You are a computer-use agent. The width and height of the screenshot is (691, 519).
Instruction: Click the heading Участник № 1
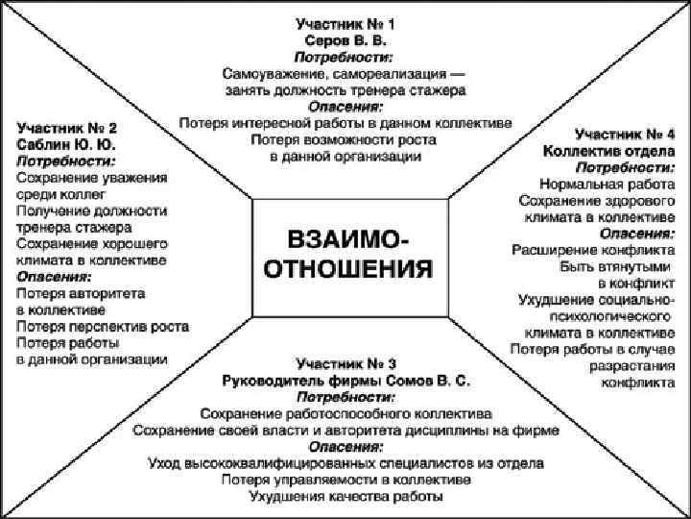[x=345, y=24]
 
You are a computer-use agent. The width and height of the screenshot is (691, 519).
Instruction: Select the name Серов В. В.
[x=345, y=41]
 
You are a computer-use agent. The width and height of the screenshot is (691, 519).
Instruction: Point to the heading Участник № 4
[x=624, y=134]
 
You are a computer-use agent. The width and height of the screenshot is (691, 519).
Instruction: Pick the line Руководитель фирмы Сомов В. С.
[x=345, y=381]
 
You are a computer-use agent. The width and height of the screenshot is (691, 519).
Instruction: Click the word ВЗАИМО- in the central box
[x=349, y=237]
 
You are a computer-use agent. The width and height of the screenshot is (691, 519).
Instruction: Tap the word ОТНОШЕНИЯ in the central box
[x=349, y=265]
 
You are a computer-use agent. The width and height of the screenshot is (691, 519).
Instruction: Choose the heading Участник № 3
[x=345, y=363]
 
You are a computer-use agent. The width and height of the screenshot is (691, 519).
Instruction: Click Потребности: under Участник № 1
[x=345, y=58]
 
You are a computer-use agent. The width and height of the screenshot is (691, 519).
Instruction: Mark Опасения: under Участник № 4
[x=636, y=234]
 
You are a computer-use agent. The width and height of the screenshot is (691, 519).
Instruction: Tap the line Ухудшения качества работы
[x=345, y=497]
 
